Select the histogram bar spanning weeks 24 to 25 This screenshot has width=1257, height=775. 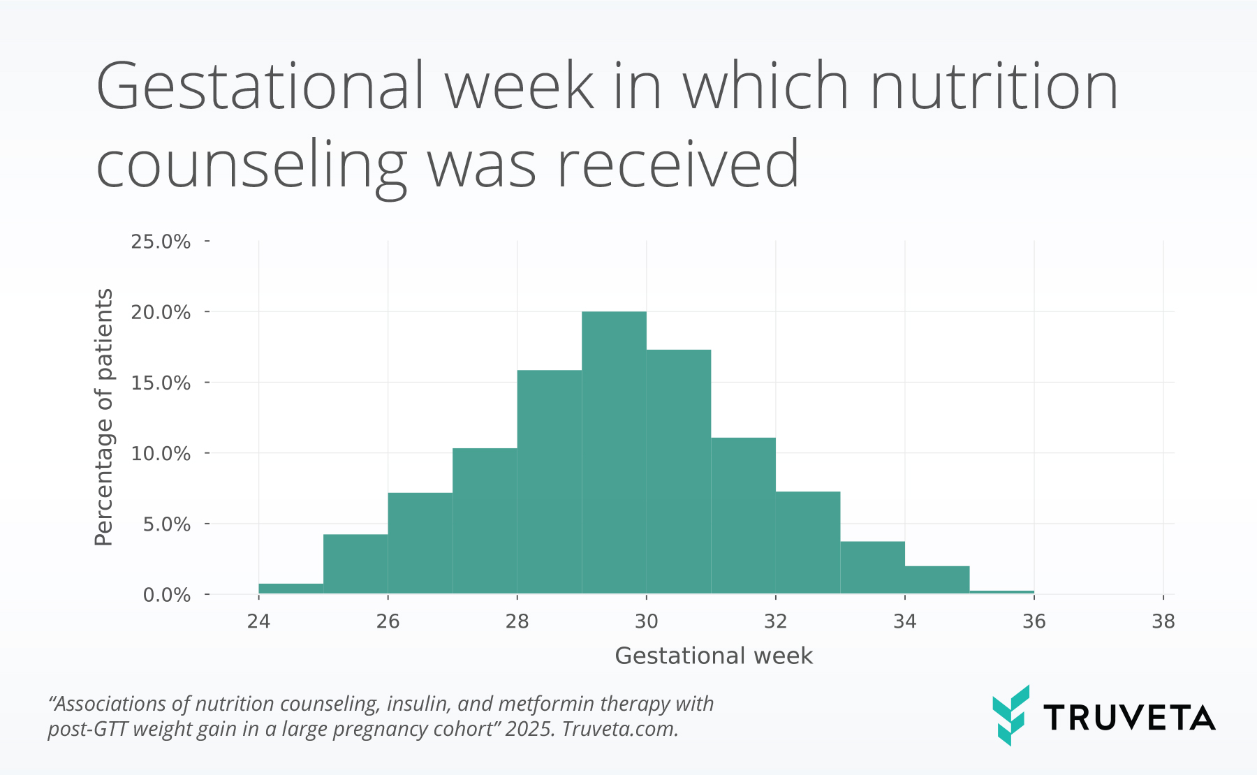pyautogui.click(x=291, y=589)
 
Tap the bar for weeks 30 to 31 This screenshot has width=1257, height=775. pyautogui.click(x=679, y=471)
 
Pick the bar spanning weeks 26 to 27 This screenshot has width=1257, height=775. pyautogui.click(x=420, y=543)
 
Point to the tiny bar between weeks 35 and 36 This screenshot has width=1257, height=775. pyautogui.click(x=1001, y=592)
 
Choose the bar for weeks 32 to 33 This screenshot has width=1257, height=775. pyautogui.click(x=808, y=542)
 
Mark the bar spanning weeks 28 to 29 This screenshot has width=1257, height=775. pyautogui.click(x=549, y=482)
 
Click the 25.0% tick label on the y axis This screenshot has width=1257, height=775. pyautogui.click(x=161, y=242)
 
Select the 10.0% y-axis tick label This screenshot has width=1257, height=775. pyautogui.click(x=161, y=454)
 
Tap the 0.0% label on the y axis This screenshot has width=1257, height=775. pyautogui.click(x=166, y=595)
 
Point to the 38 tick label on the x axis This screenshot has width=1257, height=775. pyautogui.click(x=1163, y=621)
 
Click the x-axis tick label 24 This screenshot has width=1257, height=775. pyautogui.click(x=258, y=621)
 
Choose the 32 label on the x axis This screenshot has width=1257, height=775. pyautogui.click(x=776, y=621)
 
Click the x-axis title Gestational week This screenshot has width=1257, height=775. pyautogui.click(x=714, y=656)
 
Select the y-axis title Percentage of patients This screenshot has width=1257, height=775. pyautogui.click(x=104, y=417)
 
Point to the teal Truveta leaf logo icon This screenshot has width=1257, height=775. pyautogui.click(x=1010, y=715)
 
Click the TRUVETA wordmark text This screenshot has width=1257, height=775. pyautogui.click(x=1129, y=718)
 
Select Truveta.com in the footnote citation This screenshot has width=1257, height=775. pyautogui.click(x=620, y=729)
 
